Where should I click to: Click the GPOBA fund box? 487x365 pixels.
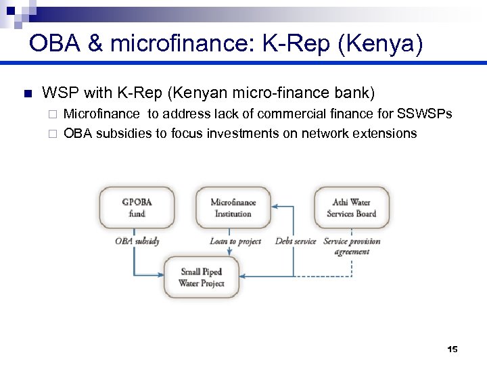137,208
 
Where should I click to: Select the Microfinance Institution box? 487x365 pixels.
233,208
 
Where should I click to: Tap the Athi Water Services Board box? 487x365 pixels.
351,208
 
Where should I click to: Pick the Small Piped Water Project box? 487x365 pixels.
202,277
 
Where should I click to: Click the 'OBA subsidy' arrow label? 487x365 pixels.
137,241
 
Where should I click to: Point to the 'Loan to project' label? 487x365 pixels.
235,241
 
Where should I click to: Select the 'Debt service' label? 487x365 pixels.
296,241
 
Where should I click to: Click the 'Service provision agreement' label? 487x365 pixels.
352,246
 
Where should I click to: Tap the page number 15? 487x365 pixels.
453,349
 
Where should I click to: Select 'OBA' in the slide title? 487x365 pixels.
54,44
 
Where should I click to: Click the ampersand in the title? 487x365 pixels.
95,44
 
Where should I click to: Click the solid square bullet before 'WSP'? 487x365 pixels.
27,93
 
